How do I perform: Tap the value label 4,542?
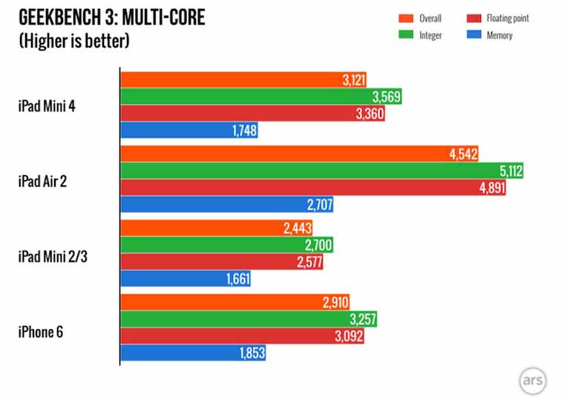(x=462, y=154)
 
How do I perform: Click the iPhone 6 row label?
(x=42, y=331)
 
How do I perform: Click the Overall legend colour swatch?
(x=407, y=19)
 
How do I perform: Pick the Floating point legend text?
(x=508, y=19)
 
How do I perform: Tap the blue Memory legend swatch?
(x=475, y=35)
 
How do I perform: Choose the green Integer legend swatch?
(x=407, y=35)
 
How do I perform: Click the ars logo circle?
(x=533, y=379)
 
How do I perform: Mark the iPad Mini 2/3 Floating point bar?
(x=222, y=262)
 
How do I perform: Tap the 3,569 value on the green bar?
(x=386, y=97)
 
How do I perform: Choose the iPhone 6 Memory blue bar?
(x=193, y=353)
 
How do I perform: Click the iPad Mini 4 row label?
(x=47, y=105)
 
